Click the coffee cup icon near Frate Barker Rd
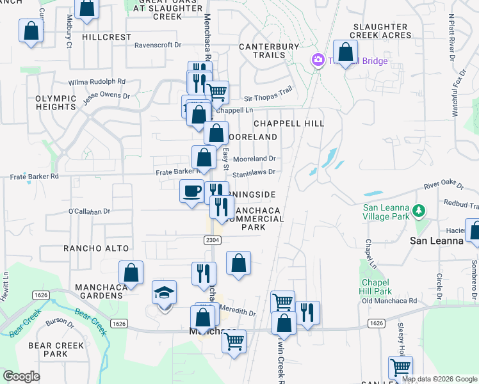click(191, 191)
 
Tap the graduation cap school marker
click(165, 294)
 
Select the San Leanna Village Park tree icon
click(418, 211)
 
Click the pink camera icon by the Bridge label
click(317, 60)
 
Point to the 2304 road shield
click(204, 239)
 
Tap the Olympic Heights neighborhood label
click(56, 102)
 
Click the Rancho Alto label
click(96, 248)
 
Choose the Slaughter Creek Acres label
click(380, 31)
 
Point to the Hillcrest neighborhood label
click(107, 37)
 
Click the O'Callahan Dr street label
click(89, 211)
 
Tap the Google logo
click(21, 376)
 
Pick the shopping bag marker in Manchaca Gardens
click(131, 273)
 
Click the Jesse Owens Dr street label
click(108, 99)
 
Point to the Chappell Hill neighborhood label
click(288, 123)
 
